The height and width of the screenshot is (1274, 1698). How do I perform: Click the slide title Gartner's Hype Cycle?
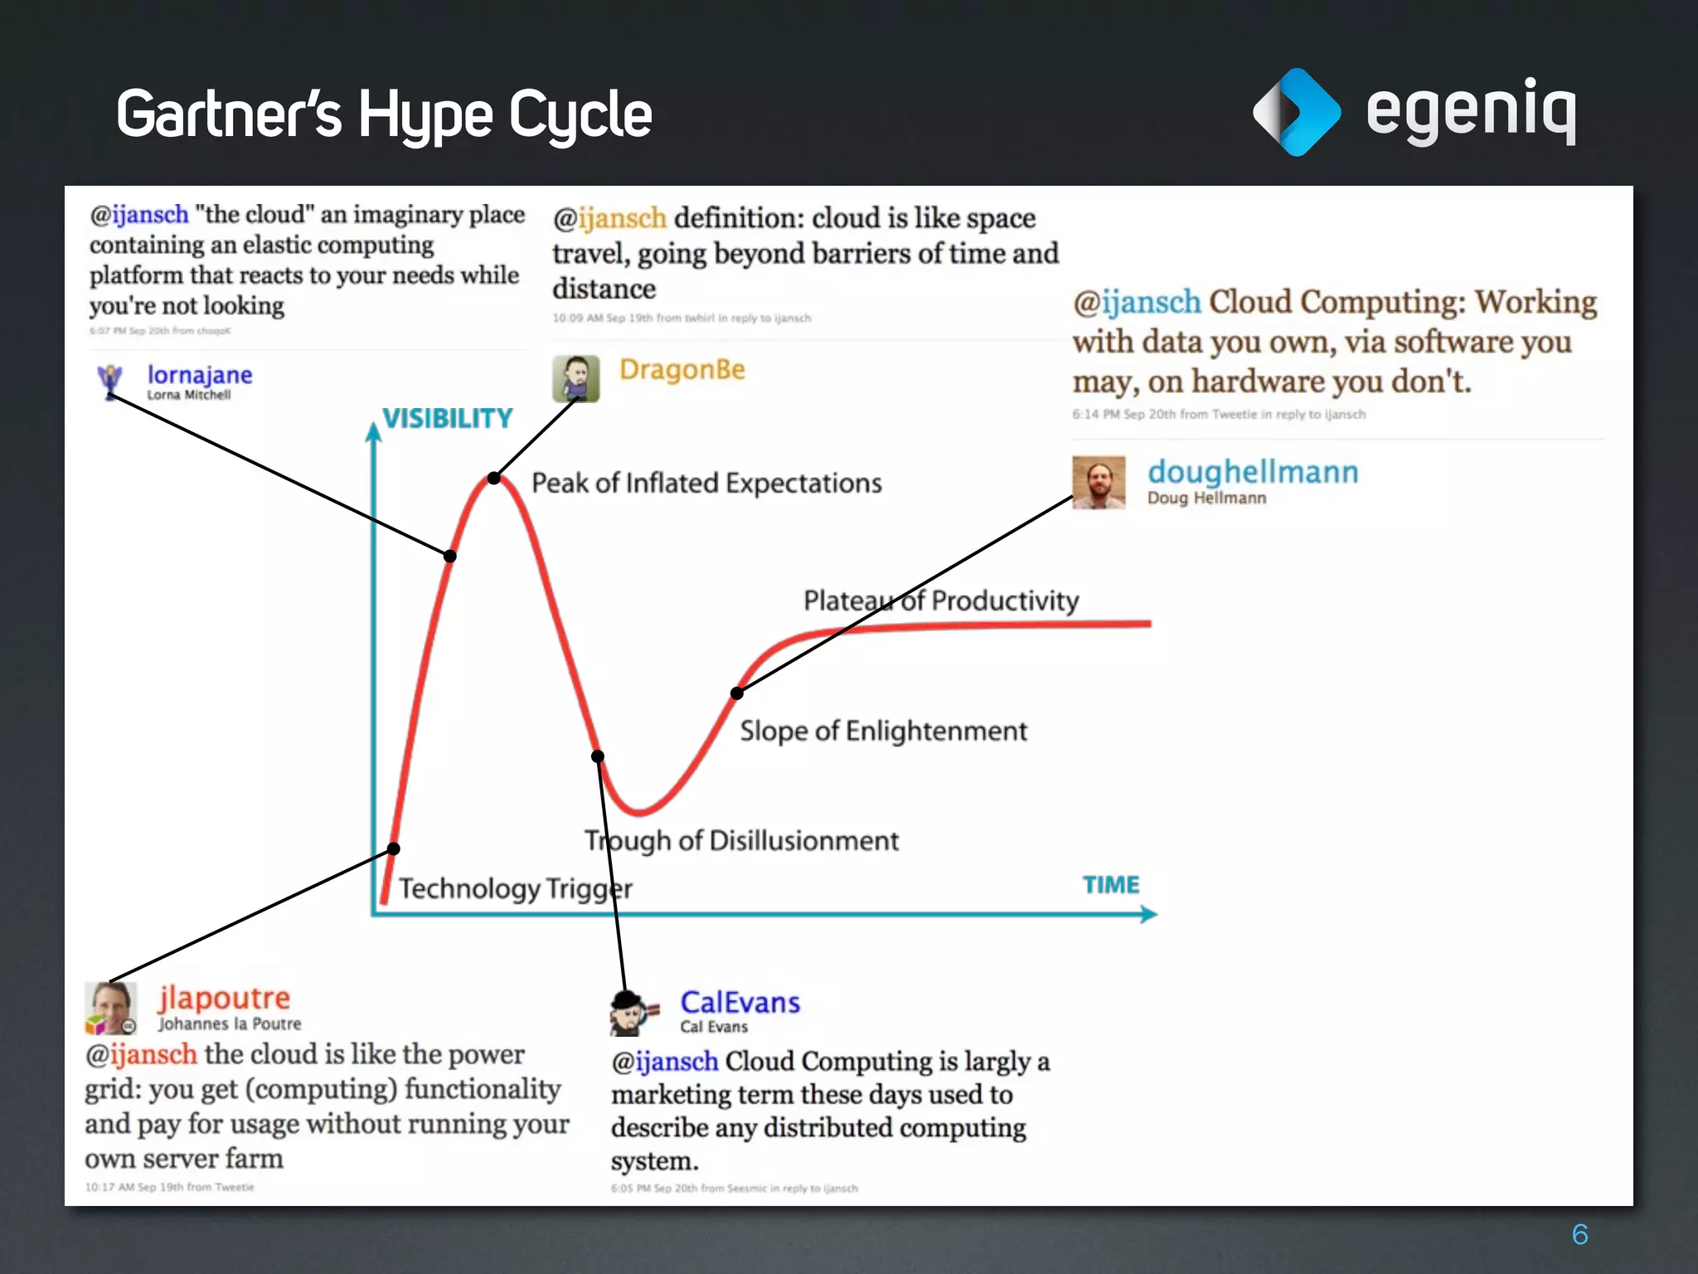coord(384,114)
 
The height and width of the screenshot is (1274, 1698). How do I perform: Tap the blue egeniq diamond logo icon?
coord(1296,112)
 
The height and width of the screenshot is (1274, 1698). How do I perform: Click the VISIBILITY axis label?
coord(447,418)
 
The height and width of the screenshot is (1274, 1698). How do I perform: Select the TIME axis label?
coord(1110,885)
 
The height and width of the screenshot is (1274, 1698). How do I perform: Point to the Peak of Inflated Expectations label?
coord(706,483)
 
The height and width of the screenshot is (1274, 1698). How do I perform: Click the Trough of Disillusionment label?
coord(741,840)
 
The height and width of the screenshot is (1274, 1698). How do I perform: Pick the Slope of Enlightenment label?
coord(883,731)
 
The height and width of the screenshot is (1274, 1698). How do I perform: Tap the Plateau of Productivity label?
coord(941,600)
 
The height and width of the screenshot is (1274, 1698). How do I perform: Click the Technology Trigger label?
coord(515,888)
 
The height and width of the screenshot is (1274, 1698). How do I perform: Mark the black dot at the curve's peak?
coord(494,478)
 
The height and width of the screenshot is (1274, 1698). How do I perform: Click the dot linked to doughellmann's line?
coord(736,693)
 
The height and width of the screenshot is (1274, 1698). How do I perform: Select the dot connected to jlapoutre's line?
coord(394,849)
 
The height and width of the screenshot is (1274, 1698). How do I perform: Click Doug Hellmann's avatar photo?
coord(1099,482)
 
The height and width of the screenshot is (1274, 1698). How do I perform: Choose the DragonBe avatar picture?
coord(575,379)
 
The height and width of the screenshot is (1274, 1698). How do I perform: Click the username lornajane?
coord(200,375)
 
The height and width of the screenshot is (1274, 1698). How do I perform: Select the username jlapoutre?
coord(224,998)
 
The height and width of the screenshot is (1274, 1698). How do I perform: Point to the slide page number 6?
coord(1579,1234)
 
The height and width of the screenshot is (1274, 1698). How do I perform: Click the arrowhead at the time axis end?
coord(1149,914)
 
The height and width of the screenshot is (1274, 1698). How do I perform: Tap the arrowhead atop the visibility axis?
coord(374,432)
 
